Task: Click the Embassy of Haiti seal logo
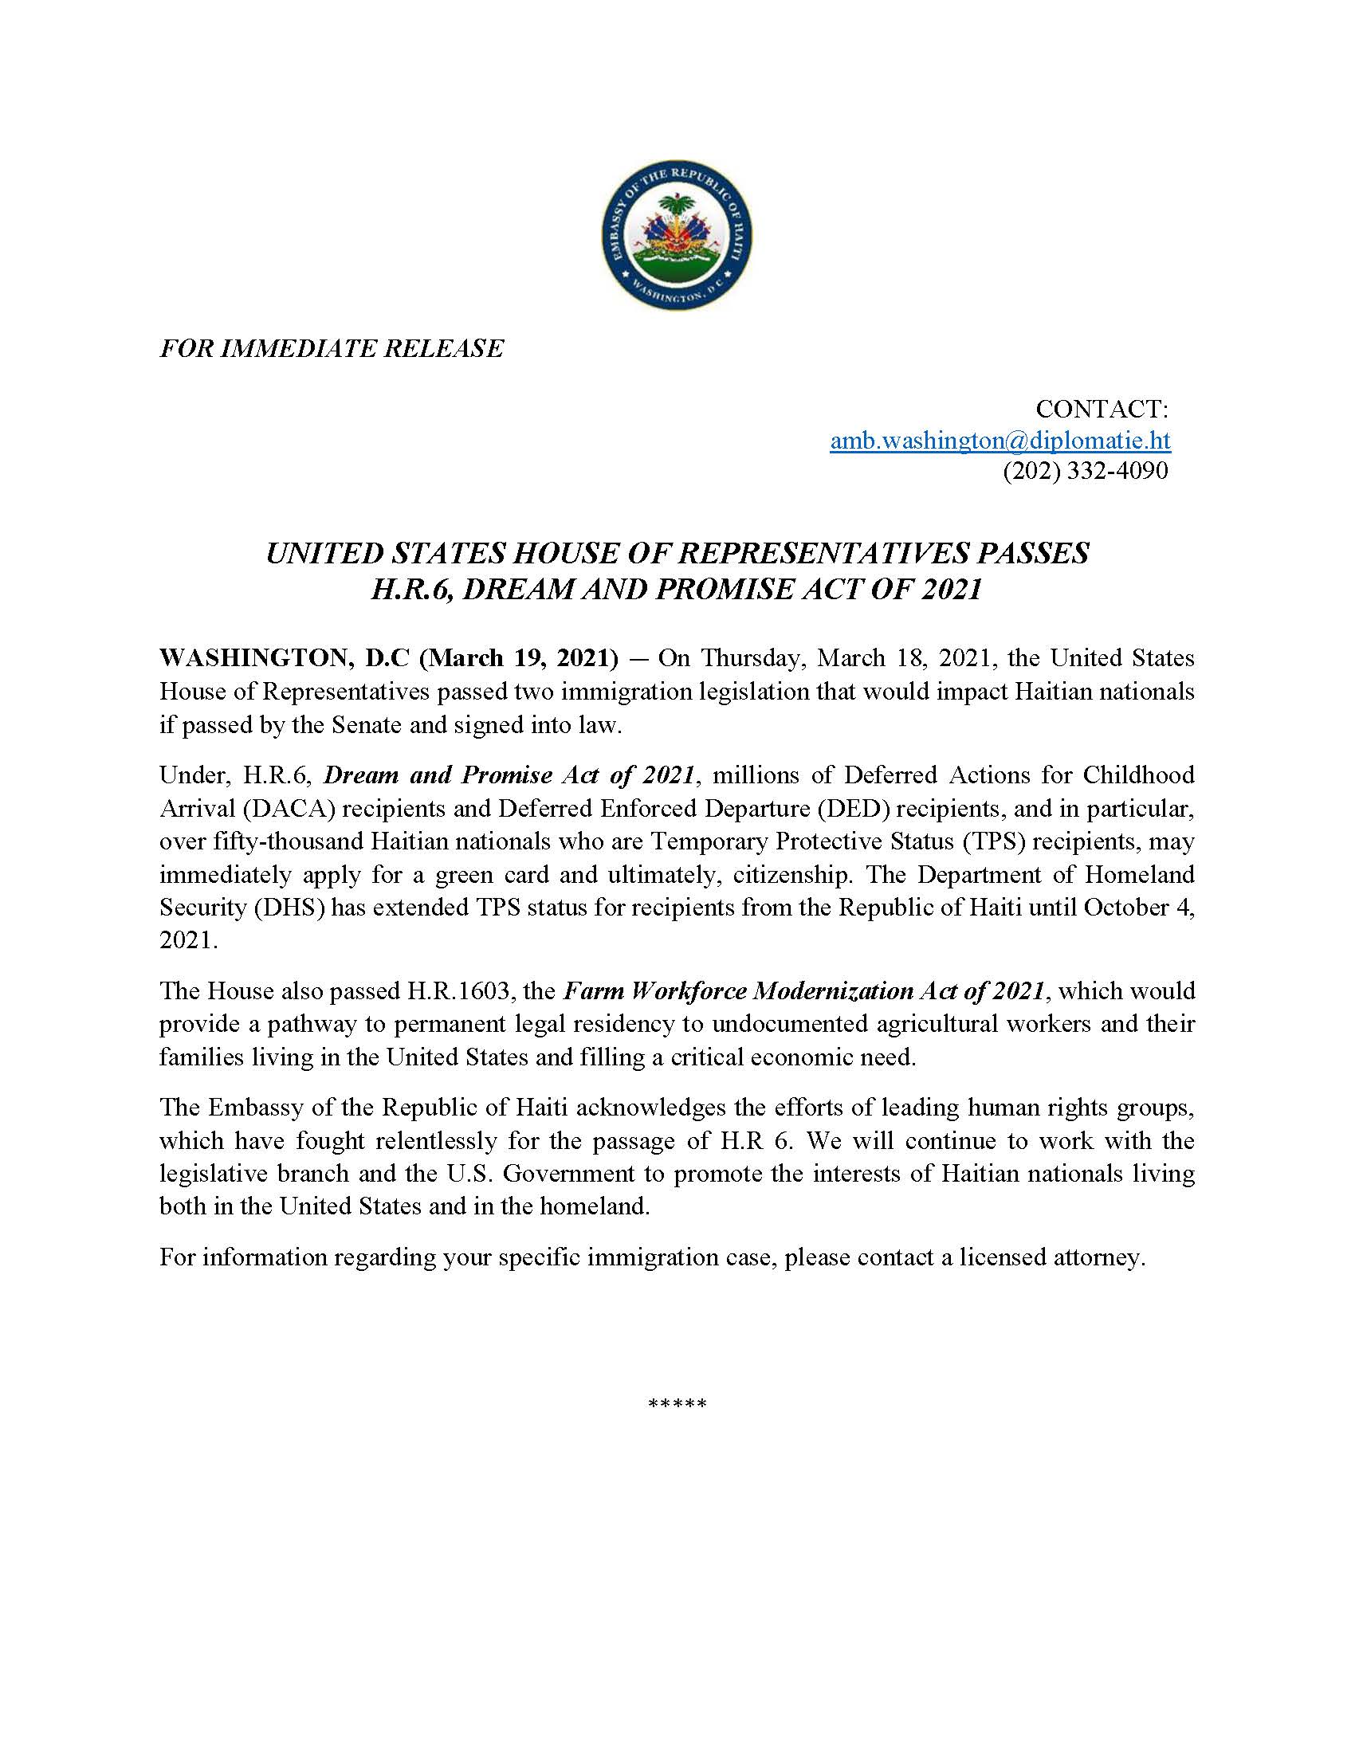point(677,235)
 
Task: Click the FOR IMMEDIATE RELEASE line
point(332,348)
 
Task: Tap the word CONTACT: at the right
point(1102,409)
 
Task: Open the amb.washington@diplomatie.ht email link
point(1000,440)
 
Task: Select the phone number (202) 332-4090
point(1086,471)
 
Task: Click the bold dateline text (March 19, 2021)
point(519,658)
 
